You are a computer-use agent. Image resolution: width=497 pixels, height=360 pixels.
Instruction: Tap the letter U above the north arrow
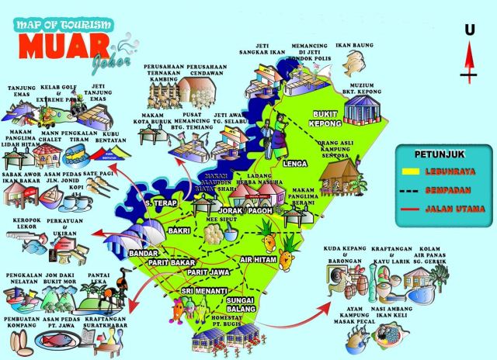tap(469, 30)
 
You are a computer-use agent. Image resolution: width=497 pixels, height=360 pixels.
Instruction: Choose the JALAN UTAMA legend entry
tap(454, 209)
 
